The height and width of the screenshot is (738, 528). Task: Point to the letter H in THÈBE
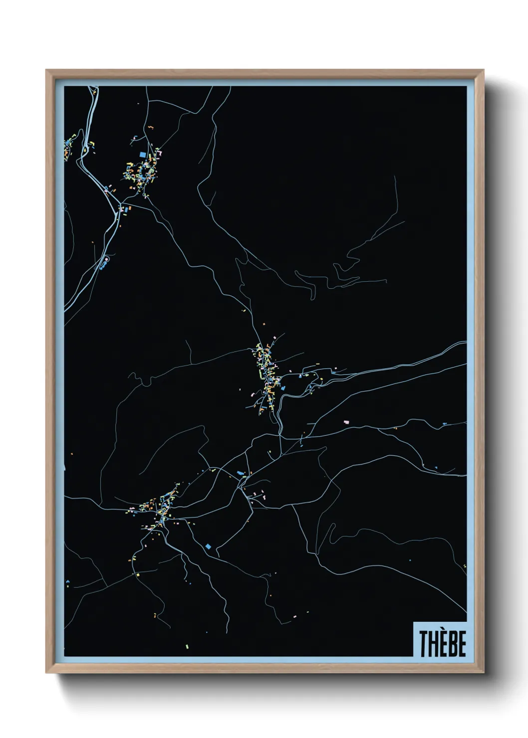[432, 644]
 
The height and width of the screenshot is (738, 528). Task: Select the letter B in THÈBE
[451, 644]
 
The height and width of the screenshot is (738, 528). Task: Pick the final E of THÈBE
[461, 644]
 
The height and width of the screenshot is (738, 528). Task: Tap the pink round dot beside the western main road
[105, 259]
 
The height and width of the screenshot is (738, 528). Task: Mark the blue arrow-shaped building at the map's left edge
[67, 581]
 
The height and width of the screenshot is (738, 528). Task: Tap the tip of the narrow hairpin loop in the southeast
[313, 298]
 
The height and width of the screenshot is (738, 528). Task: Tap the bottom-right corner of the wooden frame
[485, 673]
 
